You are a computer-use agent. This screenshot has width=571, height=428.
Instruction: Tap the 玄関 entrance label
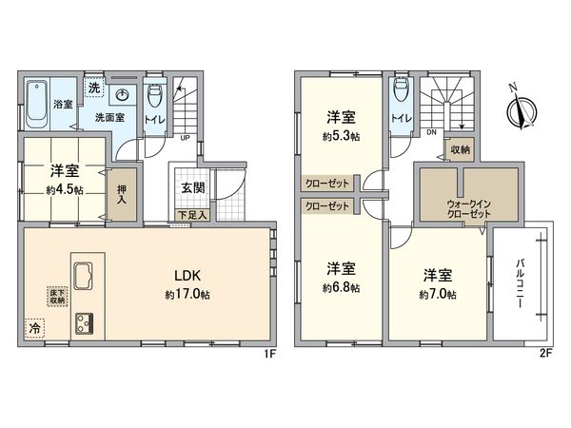click(190, 187)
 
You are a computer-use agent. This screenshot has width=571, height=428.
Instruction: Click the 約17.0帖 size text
click(187, 294)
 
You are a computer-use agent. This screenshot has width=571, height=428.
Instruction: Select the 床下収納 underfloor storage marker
click(56, 296)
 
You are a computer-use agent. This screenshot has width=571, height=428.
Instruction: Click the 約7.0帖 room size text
click(437, 294)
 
